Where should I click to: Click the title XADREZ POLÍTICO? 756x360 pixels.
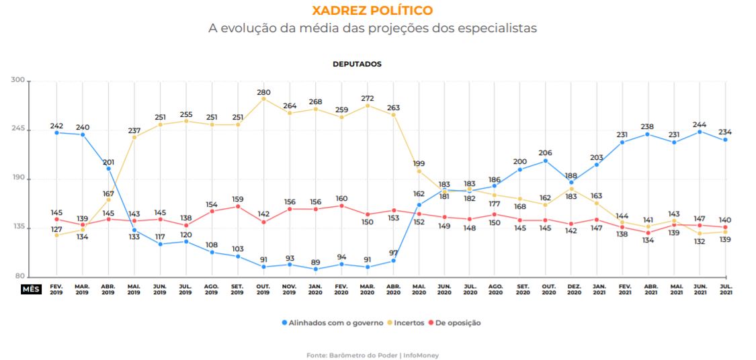(372, 11)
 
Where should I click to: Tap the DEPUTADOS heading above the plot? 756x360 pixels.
(357, 64)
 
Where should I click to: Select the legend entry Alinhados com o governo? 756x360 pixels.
(332, 323)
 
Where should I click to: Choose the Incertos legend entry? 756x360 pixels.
(405, 323)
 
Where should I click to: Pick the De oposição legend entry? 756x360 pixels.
(454, 323)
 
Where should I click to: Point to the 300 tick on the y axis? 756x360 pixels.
(17, 81)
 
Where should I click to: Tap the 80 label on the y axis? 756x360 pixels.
(19, 277)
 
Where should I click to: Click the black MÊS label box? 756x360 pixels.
(32, 289)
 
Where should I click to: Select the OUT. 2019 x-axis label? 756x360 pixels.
(263, 289)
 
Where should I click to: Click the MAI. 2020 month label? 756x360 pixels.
(419, 289)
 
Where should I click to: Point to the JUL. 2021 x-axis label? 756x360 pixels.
(724, 289)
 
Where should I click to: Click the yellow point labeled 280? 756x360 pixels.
(263, 99)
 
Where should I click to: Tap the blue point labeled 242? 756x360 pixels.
(56, 132)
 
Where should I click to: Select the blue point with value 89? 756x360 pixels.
(315, 269)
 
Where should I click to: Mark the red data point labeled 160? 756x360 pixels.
(341, 206)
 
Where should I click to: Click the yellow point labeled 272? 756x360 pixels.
(368, 105)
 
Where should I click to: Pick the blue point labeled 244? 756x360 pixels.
(699, 132)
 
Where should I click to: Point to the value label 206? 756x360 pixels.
(545, 152)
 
